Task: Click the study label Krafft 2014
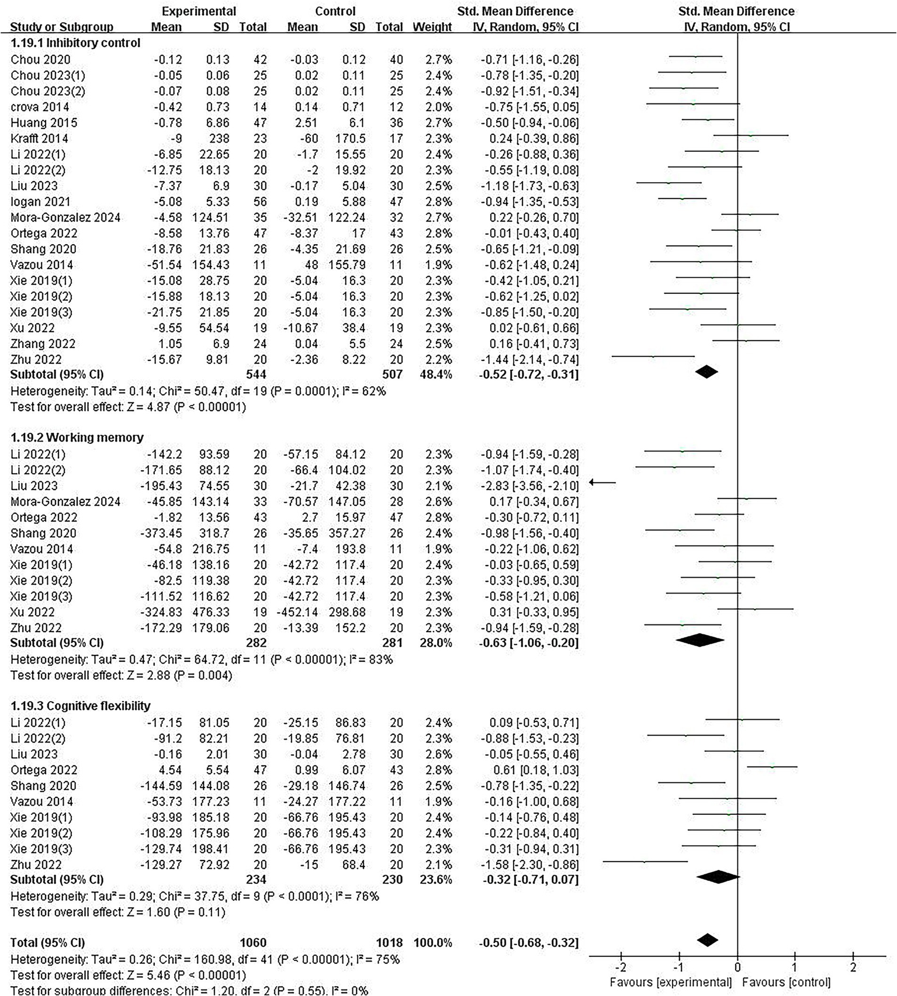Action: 39,138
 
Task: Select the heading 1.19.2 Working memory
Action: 77,438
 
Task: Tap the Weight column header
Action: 432,27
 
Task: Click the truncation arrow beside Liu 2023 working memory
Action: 602,483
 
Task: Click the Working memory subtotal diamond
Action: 699,640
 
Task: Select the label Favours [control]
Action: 786,983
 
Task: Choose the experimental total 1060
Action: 252,942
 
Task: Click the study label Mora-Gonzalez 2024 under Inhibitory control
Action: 65,217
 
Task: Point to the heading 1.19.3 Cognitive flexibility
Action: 81,706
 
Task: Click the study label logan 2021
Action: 40,202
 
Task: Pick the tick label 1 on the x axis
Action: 794,968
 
